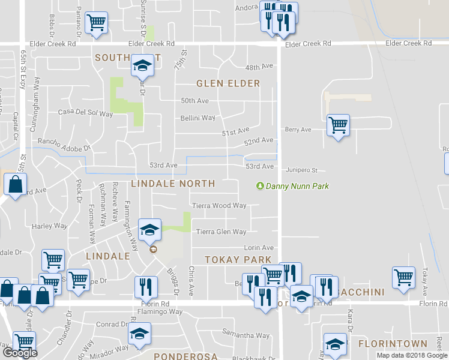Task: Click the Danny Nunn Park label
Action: pyautogui.click(x=297, y=187)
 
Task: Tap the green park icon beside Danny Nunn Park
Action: pyautogui.click(x=260, y=186)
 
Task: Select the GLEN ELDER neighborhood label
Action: pyautogui.click(x=228, y=83)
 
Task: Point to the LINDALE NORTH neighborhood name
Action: pyautogui.click(x=172, y=184)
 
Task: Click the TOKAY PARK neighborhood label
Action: pyautogui.click(x=231, y=260)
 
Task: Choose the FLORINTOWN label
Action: pyautogui.click(x=393, y=344)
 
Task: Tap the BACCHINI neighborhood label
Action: pyautogui.click(x=364, y=292)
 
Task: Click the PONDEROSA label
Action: pyautogui.click(x=185, y=356)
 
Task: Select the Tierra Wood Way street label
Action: pyautogui.click(x=219, y=206)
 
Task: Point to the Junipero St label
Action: pyautogui.click(x=301, y=170)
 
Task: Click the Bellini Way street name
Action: pyautogui.click(x=198, y=118)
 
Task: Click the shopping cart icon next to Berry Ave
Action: pyautogui.click(x=339, y=125)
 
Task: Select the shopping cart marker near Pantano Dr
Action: pyautogui.click(x=96, y=22)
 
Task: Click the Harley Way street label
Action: pyautogui.click(x=49, y=226)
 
